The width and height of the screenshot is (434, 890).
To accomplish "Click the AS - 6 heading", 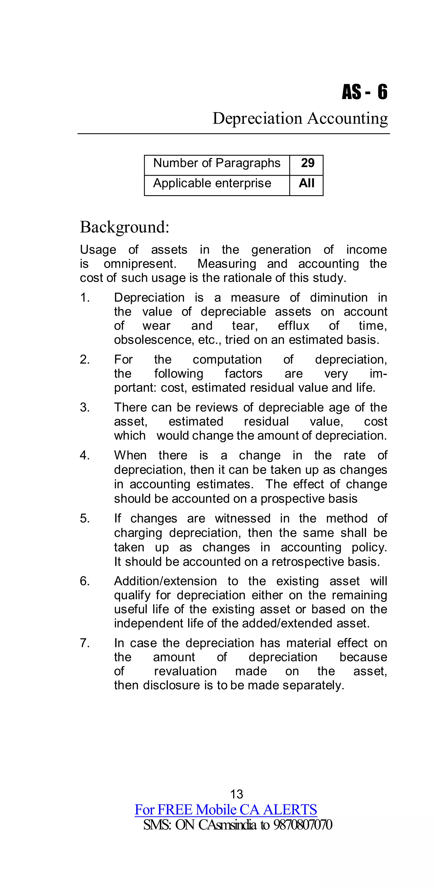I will coord(364,92).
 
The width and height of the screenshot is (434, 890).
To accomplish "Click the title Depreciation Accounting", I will coord(300,118).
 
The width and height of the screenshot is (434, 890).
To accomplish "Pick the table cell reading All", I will coord(306,184).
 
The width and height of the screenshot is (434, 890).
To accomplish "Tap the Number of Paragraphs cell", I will coord(217,163).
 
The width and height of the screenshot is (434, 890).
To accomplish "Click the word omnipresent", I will coord(140,264).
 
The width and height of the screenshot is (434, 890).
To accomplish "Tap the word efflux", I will coord(293,326).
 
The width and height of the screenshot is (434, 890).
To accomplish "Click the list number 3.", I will coord(84,408).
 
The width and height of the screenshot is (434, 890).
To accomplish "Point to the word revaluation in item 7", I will coord(185,671).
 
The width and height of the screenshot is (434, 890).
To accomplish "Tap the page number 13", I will coord(237,794).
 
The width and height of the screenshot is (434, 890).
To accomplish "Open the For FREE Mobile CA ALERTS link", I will coord(226,810).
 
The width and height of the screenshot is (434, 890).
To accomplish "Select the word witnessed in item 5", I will coord(243,519).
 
